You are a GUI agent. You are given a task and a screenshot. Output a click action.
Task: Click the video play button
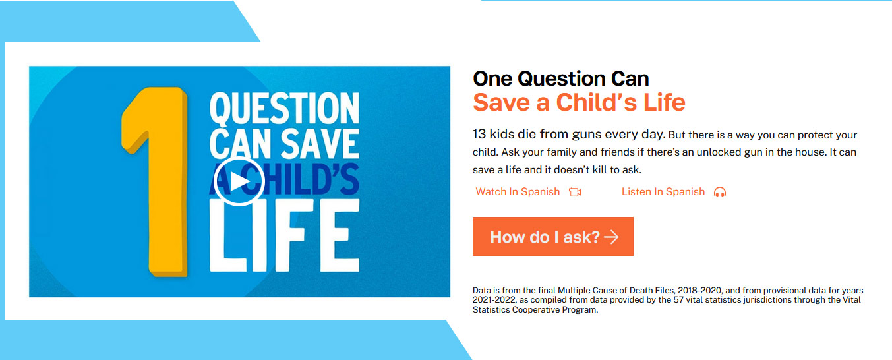[x=239, y=181]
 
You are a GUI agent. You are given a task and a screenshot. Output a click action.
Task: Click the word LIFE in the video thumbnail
[x=284, y=235]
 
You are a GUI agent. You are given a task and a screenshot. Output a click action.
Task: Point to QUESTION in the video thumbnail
[x=284, y=107]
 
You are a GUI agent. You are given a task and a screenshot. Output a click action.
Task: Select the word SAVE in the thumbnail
[x=320, y=143]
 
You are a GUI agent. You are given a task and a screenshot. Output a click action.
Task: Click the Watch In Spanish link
[x=518, y=192]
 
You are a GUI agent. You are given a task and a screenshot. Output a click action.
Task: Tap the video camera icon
[x=575, y=192]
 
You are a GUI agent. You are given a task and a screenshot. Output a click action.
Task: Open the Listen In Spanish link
[x=663, y=192]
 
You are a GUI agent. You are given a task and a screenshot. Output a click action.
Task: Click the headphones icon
[x=720, y=193]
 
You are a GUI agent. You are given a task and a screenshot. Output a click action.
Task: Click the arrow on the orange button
[x=611, y=237]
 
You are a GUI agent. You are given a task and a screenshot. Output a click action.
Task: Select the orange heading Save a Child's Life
[x=579, y=102]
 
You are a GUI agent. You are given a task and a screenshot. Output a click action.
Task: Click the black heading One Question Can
[x=560, y=78]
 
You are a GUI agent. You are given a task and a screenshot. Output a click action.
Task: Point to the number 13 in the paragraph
[x=479, y=135]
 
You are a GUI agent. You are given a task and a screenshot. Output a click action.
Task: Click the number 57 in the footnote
[x=678, y=299]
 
